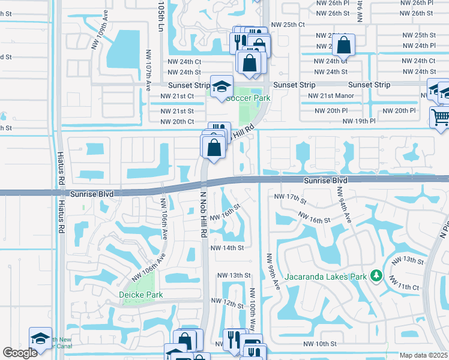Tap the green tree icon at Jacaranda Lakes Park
(376, 275)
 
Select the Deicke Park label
(141, 295)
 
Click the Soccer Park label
(248, 98)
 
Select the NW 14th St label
(227, 247)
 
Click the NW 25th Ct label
(288, 24)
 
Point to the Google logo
(20, 353)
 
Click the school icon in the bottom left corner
(40, 338)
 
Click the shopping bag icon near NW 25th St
(343, 44)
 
